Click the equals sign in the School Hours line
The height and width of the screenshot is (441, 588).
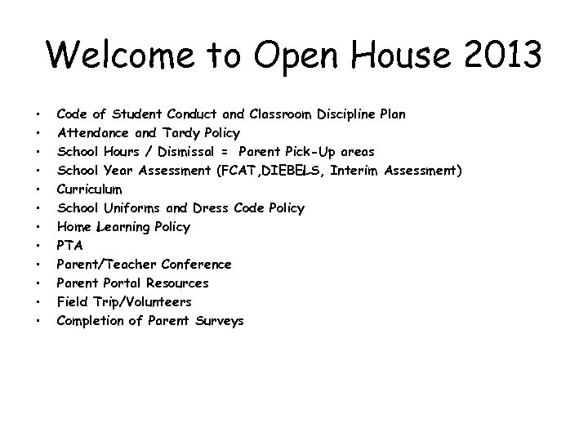click(x=223, y=151)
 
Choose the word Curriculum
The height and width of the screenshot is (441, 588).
click(x=89, y=189)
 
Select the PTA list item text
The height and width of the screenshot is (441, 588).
click(x=69, y=245)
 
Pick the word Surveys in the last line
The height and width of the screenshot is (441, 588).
click(x=217, y=321)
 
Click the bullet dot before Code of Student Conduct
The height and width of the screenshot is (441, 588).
click(x=38, y=114)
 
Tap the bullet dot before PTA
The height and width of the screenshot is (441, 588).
click(x=38, y=246)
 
